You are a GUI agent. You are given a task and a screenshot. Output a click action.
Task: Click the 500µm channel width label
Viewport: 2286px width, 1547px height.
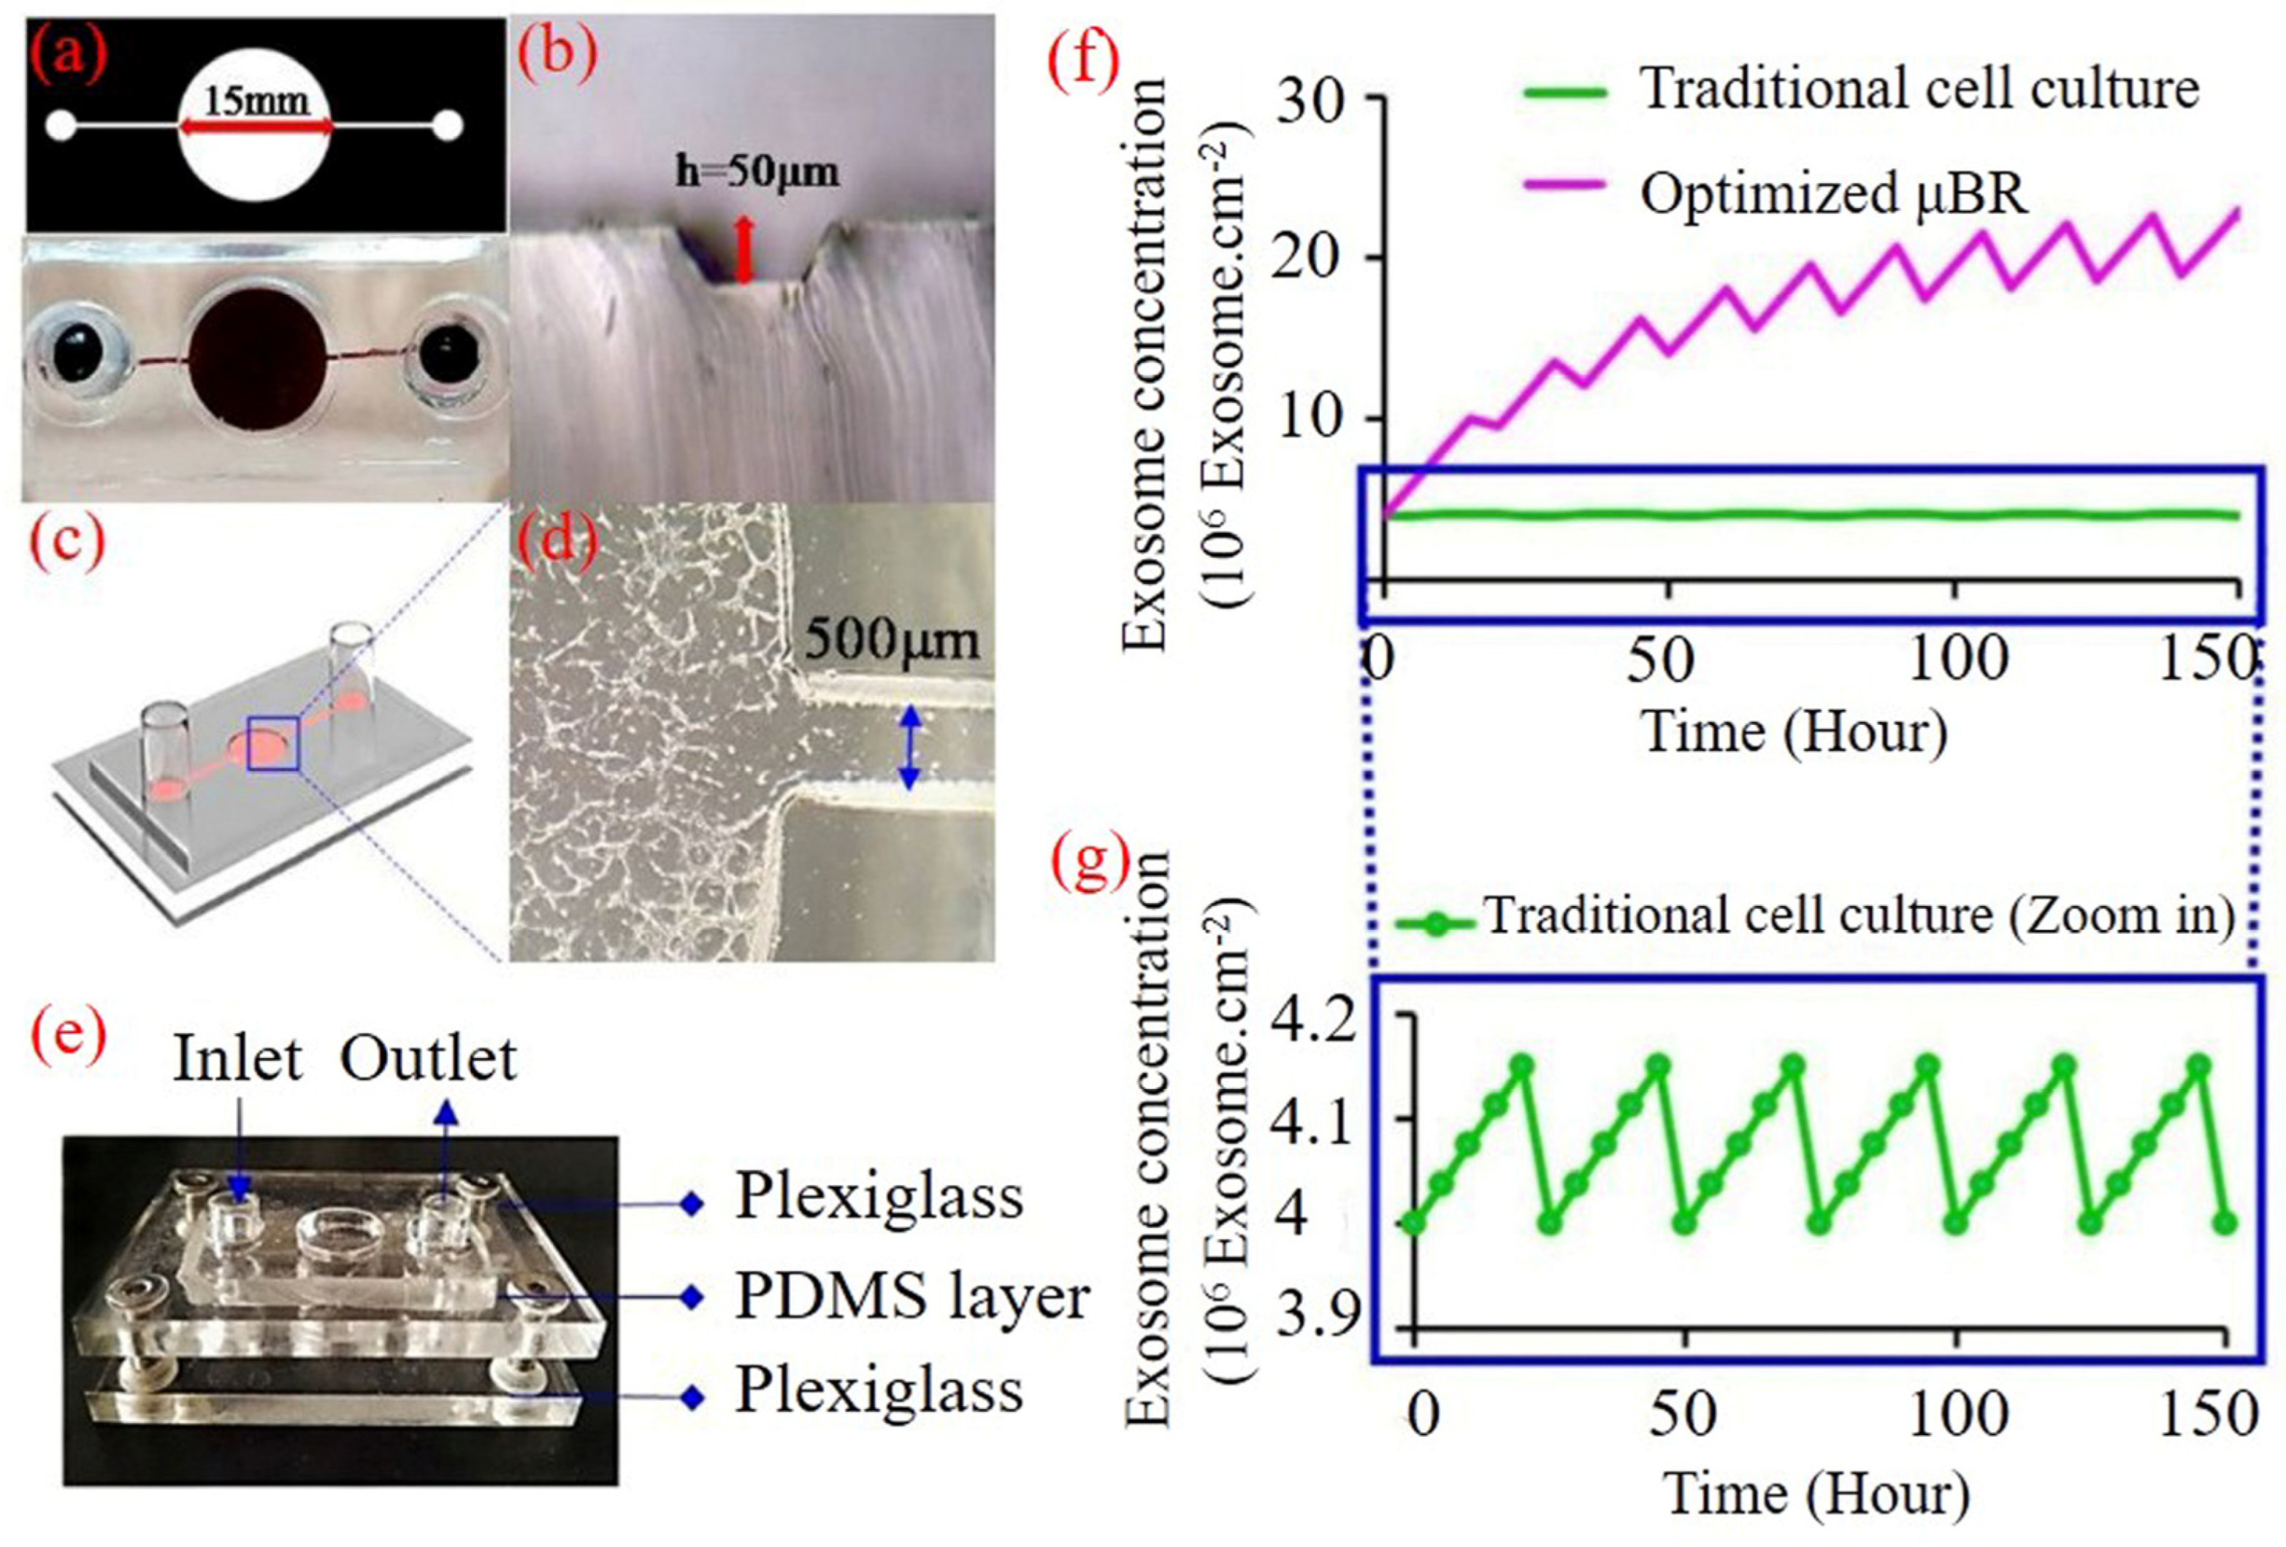coord(891,640)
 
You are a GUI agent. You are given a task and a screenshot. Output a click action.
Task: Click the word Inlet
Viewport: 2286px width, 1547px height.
coord(237,1059)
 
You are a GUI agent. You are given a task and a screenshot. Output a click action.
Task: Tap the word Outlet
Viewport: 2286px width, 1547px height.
coord(429,1059)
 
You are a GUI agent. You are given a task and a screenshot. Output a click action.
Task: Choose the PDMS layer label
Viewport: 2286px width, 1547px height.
coord(911,1297)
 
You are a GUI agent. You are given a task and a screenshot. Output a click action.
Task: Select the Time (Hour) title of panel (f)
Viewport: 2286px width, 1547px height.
coord(1794,733)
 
